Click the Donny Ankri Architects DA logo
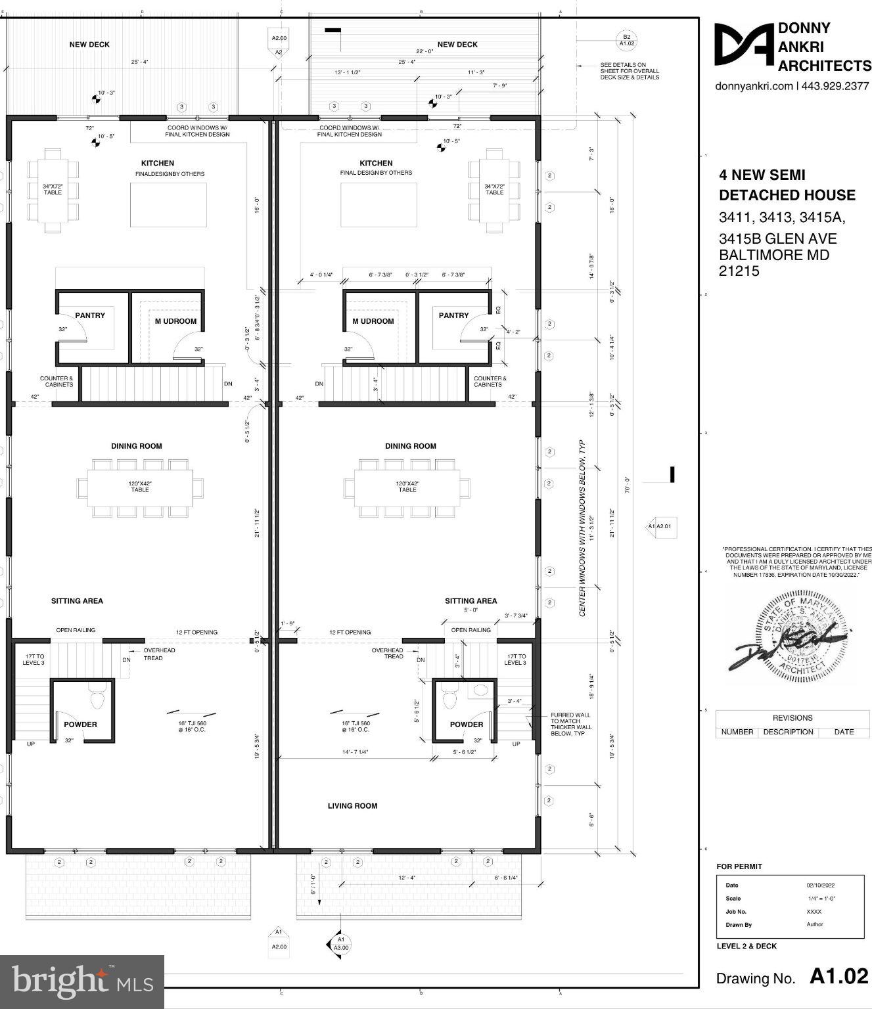pos(745,45)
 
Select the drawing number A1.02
pos(838,977)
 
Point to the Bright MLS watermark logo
pos(82,981)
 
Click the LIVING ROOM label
pos(352,805)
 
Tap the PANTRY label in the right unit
pos(453,315)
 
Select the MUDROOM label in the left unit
pos(175,321)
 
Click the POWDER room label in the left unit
pos(80,725)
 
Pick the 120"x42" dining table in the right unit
pos(407,487)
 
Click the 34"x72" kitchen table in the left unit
pos(53,190)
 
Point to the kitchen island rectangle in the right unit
pos(379,205)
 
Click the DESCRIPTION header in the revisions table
pos(788,732)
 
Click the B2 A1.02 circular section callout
pos(626,39)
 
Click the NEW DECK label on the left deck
pos(89,45)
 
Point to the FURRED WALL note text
pos(571,724)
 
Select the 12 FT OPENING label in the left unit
pos(196,632)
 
